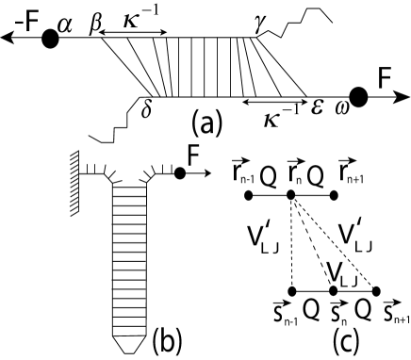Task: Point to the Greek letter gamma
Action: pyautogui.click(x=257, y=21)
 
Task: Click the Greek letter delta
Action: pyautogui.click(x=146, y=106)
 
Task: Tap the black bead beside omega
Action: pyautogui.click(x=359, y=95)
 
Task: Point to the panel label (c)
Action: pyautogui.click(x=344, y=337)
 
